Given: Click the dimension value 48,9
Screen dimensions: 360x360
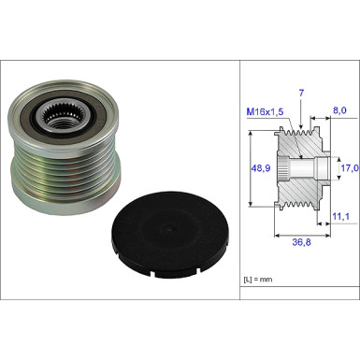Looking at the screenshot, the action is pos(261,168).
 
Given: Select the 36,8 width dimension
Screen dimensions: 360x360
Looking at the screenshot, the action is pos(301,242).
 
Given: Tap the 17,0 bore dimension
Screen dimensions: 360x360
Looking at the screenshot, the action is pos(349,168).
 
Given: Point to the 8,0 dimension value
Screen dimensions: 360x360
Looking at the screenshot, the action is pos(340,110).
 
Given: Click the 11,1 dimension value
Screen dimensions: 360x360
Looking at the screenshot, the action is pos(340,216).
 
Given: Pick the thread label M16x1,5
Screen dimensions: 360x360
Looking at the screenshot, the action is pos(265,112).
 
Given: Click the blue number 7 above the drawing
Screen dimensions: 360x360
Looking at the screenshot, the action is pos(301,94).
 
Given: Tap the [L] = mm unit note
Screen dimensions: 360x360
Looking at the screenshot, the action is pos(258,280).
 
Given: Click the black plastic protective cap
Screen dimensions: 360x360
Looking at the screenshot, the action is pos(170,234).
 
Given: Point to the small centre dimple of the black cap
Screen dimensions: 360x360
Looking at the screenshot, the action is pos(168,229).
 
